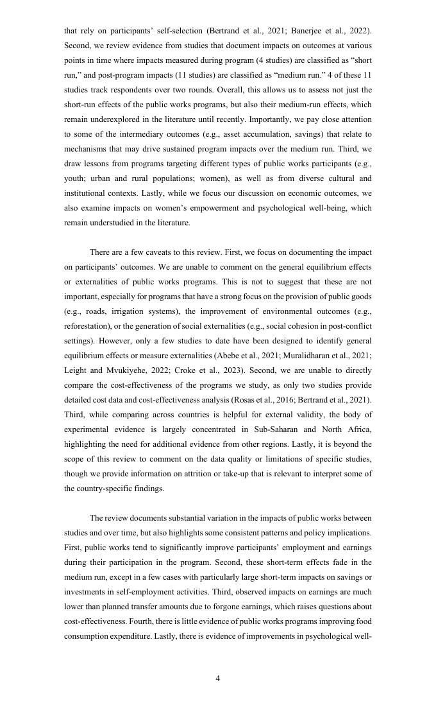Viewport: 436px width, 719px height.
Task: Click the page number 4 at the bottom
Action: tap(218, 679)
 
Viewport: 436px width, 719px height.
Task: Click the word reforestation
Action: tap(88, 326)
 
